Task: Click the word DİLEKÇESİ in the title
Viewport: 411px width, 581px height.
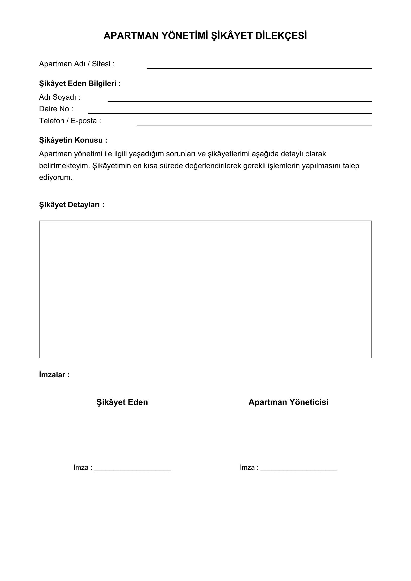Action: coord(281,36)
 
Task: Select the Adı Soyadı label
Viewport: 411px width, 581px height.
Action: coord(59,97)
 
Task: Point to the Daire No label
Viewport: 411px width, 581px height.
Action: coord(56,109)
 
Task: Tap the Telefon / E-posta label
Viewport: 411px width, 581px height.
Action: coord(70,121)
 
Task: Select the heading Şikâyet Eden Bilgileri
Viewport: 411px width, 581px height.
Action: coord(80,83)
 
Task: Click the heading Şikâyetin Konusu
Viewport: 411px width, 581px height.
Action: coord(73,140)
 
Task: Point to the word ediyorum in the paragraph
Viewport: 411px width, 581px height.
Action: coord(55,177)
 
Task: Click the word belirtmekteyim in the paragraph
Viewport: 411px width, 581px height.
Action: coord(64,166)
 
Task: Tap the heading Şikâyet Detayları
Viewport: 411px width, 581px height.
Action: coord(72,205)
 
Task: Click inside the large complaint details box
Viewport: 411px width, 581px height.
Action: coord(205,289)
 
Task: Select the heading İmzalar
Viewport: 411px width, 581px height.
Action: coord(54,375)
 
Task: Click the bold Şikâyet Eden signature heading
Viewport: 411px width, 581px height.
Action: coord(122,402)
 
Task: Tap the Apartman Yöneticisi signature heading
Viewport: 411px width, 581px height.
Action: coord(288,402)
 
